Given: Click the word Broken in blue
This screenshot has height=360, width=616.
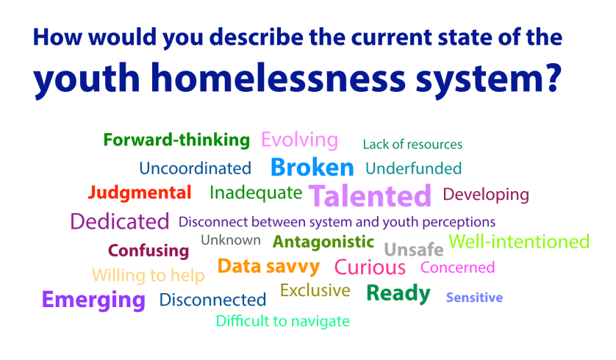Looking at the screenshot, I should point(312,168).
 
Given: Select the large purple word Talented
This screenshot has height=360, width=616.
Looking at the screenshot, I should point(370,196).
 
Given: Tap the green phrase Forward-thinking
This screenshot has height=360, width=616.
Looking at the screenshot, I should point(176,140).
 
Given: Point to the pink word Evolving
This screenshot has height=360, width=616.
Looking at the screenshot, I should point(299,140).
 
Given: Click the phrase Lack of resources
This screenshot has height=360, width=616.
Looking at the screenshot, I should point(412,144).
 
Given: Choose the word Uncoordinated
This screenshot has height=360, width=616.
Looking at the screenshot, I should point(195,168).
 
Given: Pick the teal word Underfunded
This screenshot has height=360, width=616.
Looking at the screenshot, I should point(413,168).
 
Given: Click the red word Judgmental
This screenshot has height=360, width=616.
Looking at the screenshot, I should point(140,193).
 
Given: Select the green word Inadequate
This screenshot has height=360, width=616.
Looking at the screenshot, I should point(256,193).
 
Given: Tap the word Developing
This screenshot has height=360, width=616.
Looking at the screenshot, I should point(485,195).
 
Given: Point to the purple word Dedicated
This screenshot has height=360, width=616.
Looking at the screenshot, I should point(120,221).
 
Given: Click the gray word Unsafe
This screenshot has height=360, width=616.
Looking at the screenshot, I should point(414,249).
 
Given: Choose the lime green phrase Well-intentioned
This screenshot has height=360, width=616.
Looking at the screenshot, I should point(519,242).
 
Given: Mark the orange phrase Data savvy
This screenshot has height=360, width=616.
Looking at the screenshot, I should point(268,266).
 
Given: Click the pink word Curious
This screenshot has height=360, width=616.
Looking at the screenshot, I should point(370,267).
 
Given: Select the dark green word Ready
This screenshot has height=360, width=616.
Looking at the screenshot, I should point(398,293).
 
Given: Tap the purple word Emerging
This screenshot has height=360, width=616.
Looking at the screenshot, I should point(93,300).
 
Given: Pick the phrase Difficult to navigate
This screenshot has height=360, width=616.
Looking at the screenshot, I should point(283,321).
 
